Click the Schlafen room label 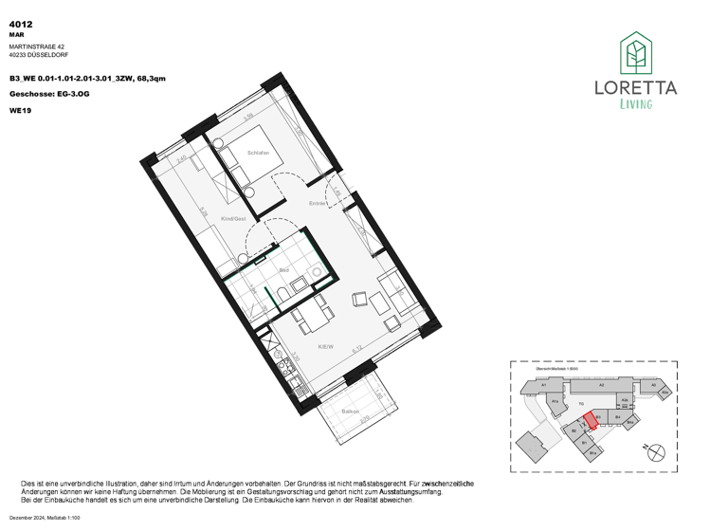pos(258,154)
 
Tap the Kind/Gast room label pos(233,219)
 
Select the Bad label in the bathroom pos(283,271)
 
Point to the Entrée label pos(318,204)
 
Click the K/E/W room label pos(324,348)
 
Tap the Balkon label pos(350,412)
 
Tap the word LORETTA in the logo pos(635,89)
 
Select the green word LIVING pos(635,104)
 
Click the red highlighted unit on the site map pos(590,419)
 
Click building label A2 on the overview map pos(600,386)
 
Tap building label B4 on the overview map pos(617,417)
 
